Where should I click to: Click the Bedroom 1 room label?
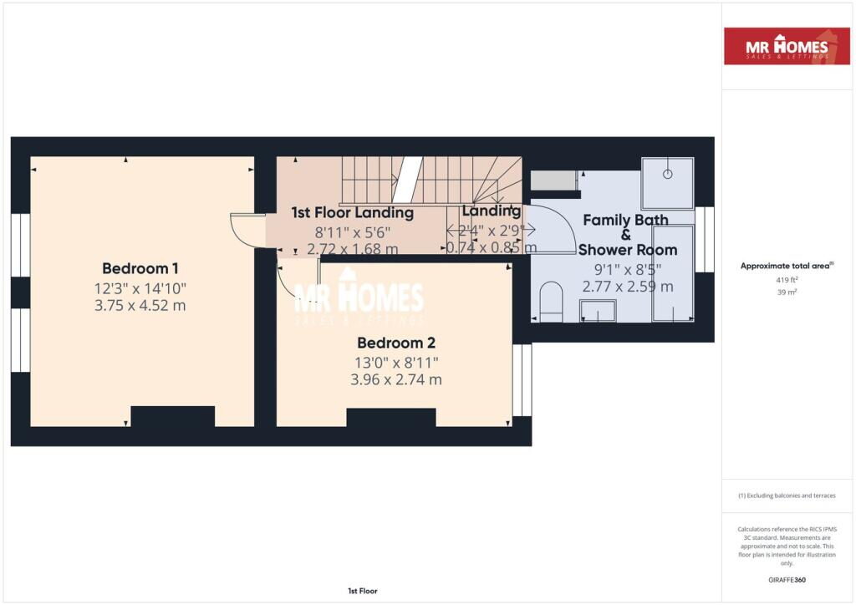click(140, 268)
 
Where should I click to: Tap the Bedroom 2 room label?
click(395, 343)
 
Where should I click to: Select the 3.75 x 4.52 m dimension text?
click(140, 305)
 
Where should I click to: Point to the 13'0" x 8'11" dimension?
click(395, 362)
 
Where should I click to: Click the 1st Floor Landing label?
click(352, 213)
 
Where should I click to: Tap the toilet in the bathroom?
click(552, 302)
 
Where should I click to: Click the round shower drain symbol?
click(668, 174)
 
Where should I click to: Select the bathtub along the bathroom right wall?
click(673, 272)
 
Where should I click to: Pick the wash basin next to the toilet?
click(598, 311)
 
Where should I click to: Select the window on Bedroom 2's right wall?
click(522, 379)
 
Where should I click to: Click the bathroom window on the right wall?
click(706, 239)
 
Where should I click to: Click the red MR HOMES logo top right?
click(787, 47)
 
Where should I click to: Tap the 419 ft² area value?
click(787, 281)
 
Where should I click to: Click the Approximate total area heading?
click(787, 266)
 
